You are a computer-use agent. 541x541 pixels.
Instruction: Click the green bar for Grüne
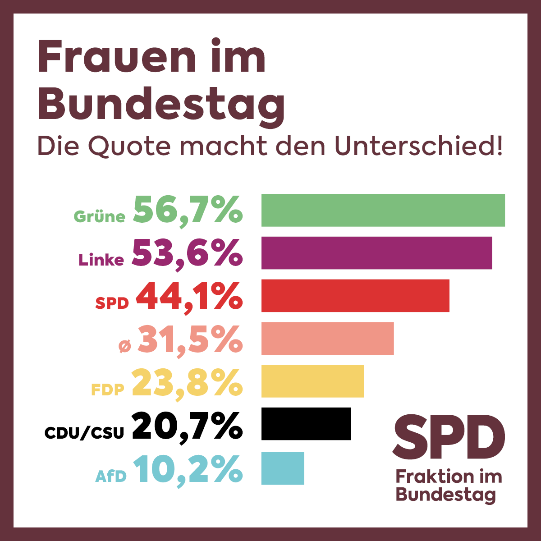pyautogui.click(x=383, y=210)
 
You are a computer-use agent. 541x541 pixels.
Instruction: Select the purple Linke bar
pyautogui.click(x=376, y=253)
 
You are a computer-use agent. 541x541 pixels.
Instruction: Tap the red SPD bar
pyautogui.click(x=355, y=296)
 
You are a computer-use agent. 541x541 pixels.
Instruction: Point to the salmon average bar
pyautogui.click(x=327, y=338)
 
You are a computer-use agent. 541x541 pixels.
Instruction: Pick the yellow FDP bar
pyautogui.click(x=312, y=381)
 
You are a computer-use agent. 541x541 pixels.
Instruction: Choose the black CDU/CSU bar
pyautogui.click(x=306, y=424)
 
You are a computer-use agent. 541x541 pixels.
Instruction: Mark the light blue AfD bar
pyautogui.click(x=282, y=468)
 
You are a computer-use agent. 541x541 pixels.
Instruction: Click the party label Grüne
pyautogui.click(x=99, y=217)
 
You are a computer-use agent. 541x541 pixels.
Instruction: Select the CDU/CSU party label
pyautogui.click(x=84, y=433)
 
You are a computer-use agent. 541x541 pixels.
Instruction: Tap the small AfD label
pyautogui.click(x=111, y=476)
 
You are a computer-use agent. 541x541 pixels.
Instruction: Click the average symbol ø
pyautogui.click(x=124, y=346)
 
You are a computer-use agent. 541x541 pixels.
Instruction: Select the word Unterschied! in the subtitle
pyautogui.click(x=418, y=146)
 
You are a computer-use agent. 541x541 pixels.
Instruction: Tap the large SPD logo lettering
pyautogui.click(x=448, y=438)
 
